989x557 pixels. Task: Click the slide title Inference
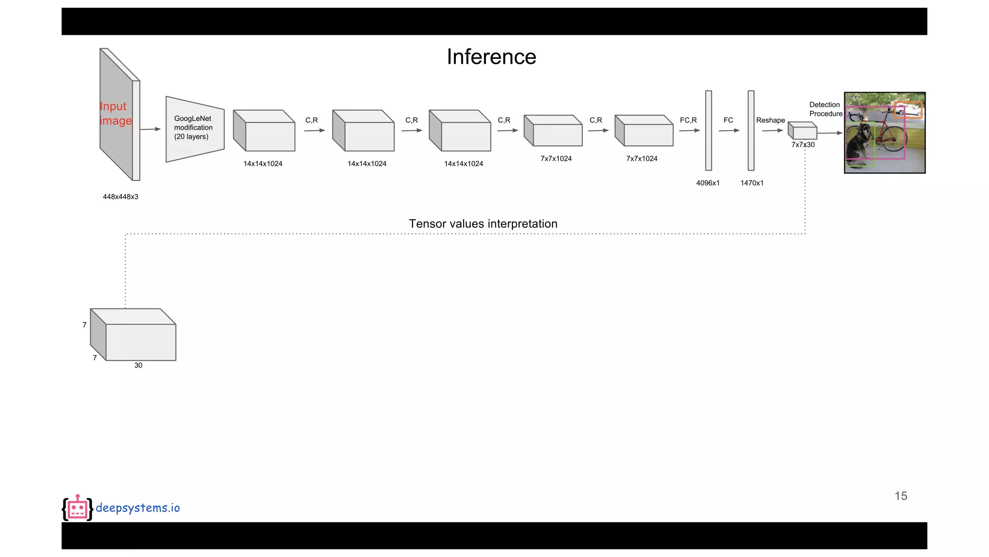(491, 57)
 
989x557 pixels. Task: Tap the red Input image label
(115, 113)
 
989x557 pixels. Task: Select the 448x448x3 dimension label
(120, 197)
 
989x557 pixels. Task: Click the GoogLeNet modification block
(195, 129)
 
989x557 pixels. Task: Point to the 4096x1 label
(707, 183)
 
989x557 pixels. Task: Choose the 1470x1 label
(752, 183)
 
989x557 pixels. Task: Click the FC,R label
(688, 120)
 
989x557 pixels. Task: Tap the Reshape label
(770, 120)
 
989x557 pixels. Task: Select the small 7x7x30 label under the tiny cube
(803, 145)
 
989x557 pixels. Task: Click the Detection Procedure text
(825, 109)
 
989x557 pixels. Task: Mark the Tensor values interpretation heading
(483, 224)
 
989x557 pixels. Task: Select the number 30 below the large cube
(138, 366)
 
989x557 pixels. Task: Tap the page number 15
(901, 496)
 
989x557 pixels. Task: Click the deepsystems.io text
(138, 508)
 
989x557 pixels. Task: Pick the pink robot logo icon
(77, 508)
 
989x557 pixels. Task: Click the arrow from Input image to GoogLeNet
(150, 129)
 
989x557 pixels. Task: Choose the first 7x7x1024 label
(556, 159)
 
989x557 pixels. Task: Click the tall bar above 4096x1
(708, 131)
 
